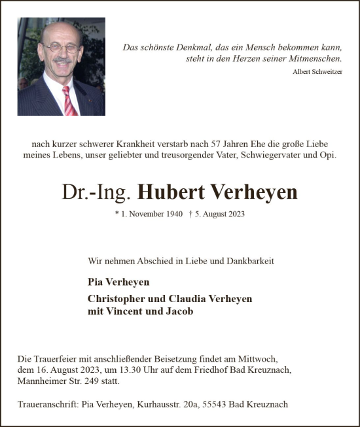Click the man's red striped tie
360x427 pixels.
point(69,101)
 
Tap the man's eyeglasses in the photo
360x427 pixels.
point(60,48)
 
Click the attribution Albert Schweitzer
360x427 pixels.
point(317,71)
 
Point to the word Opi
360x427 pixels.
point(328,155)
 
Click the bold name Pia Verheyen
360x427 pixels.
point(118,282)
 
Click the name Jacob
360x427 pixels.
point(180,311)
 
